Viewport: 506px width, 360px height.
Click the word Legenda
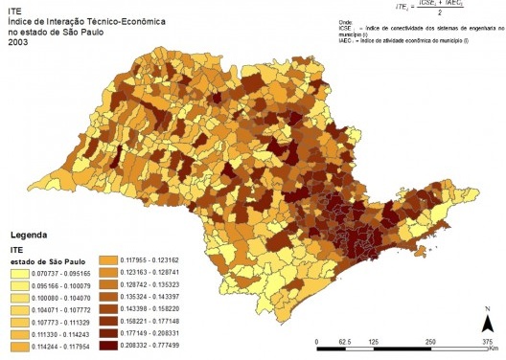point(30,235)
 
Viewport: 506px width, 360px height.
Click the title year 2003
point(17,42)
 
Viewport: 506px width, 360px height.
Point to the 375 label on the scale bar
point(488,341)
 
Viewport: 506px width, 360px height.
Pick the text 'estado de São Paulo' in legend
point(50,259)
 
